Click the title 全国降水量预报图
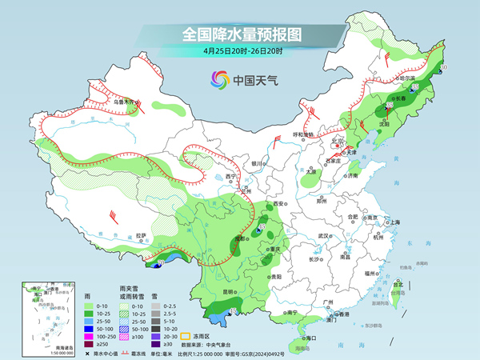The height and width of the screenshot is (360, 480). [x=239, y=34]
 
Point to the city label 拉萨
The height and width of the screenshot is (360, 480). [x=141, y=235]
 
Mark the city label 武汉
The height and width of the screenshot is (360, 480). [x=324, y=236]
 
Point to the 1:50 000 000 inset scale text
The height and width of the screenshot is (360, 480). [x=42, y=353]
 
